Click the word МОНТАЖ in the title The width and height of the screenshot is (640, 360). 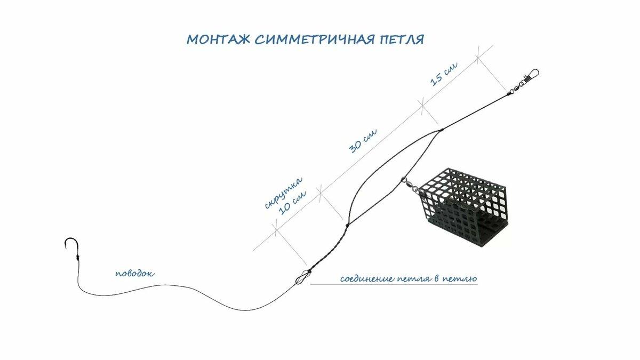click(219, 39)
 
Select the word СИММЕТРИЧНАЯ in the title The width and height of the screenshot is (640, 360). click(315, 39)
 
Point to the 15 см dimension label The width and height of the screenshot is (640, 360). click(444, 74)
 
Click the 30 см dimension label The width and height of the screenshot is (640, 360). click(363, 141)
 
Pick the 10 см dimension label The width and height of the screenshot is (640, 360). click(292, 202)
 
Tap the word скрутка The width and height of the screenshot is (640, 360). click(283, 193)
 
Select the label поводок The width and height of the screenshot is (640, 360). click(135, 274)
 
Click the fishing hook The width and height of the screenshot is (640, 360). click(71, 246)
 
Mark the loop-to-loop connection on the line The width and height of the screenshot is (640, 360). click(303, 277)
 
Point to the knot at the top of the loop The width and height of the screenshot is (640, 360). click(442, 130)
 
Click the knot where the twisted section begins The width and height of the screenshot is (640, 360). click(347, 225)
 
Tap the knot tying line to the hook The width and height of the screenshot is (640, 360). click(77, 258)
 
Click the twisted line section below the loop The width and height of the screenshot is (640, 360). click(329, 248)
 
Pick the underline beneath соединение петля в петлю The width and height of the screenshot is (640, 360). click(394, 285)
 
